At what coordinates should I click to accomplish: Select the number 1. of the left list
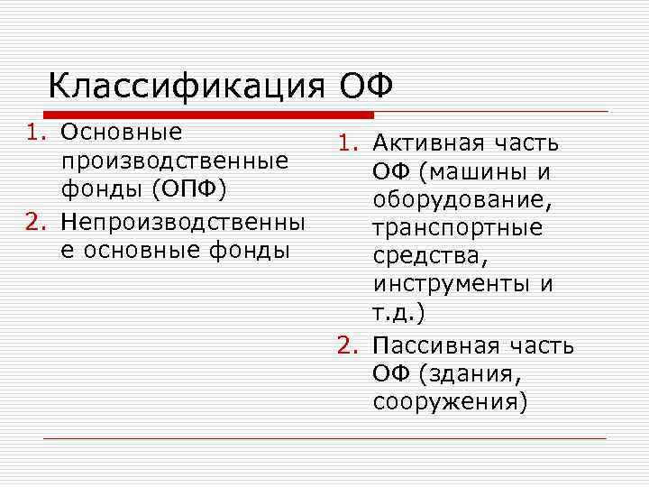35,134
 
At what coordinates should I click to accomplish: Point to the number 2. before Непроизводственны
35,221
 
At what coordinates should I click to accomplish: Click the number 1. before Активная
349,144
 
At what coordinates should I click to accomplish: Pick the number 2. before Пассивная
349,346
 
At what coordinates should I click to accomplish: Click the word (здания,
470,374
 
